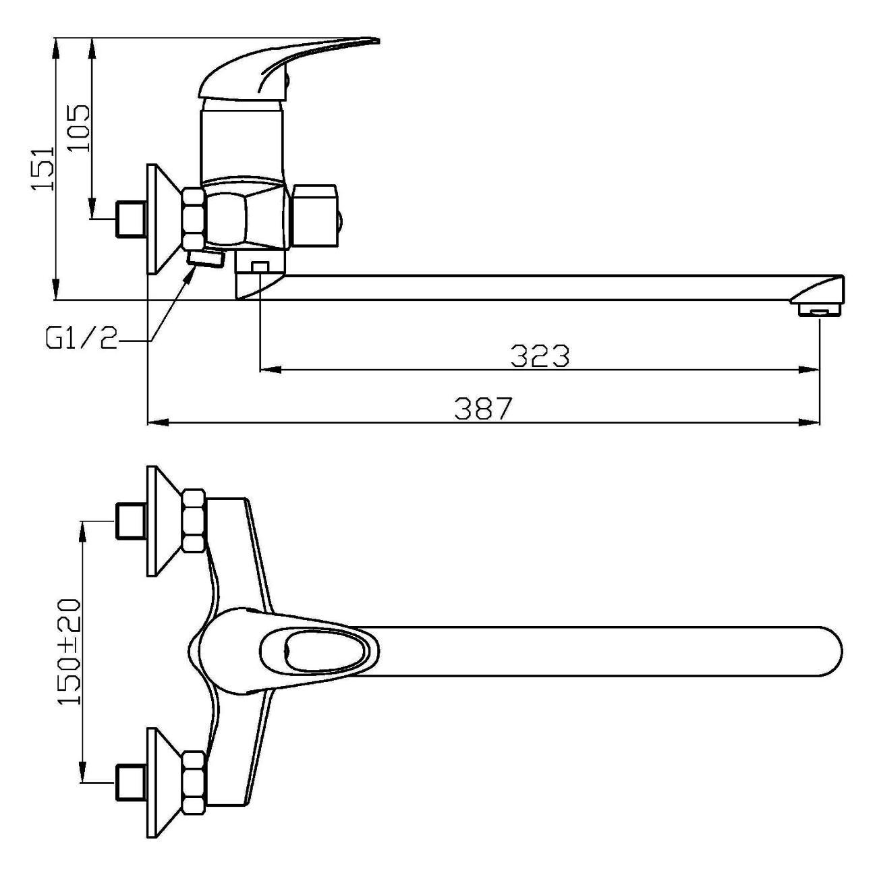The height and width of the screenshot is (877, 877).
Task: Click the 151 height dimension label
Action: [44, 168]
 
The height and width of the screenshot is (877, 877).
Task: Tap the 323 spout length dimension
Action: [540, 356]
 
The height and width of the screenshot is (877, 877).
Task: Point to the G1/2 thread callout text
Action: [81, 339]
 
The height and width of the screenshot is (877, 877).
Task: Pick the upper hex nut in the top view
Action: [194, 521]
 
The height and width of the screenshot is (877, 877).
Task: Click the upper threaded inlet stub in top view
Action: [130, 521]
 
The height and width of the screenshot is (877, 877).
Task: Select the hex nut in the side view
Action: [194, 219]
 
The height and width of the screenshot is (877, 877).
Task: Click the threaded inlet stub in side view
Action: [130, 219]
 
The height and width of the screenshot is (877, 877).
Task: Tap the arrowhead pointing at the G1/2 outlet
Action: [190, 275]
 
